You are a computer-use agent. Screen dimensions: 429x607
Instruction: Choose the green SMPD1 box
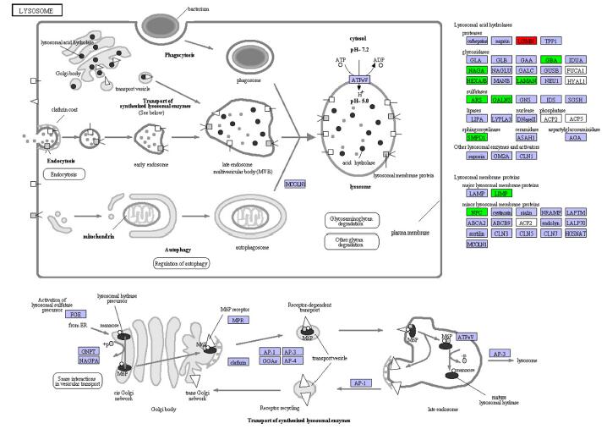coord(477,136)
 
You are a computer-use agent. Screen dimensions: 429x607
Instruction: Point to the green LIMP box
coord(501,194)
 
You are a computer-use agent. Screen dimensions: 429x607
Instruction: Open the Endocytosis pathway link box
coord(68,174)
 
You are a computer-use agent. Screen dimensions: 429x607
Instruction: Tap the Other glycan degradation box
coord(349,241)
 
